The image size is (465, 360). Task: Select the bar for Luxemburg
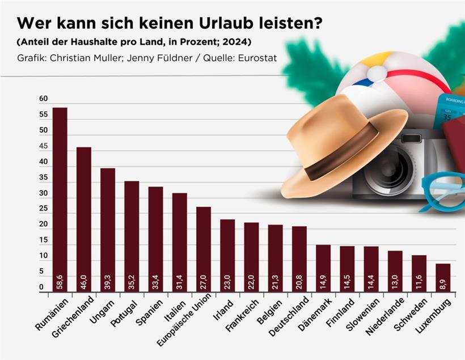pos(443,278)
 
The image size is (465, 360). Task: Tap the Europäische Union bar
pos(204,249)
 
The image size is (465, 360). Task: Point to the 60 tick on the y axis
pos(44,99)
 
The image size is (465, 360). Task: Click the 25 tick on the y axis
pos(44,209)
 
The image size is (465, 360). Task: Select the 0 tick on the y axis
pos(41,288)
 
